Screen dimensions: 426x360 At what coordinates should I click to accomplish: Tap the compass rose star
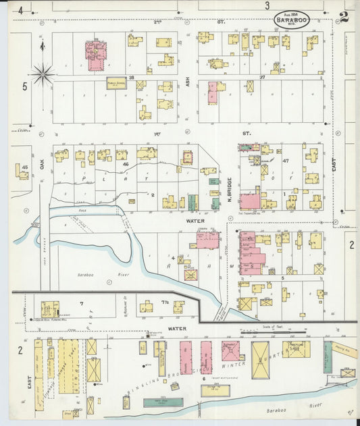tap(43, 74)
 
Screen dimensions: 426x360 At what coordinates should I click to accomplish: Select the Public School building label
tap(116, 83)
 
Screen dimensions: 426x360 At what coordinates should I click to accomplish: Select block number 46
tap(124, 164)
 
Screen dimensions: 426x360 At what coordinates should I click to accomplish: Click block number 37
tap(263, 78)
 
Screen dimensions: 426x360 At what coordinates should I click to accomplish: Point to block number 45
tap(24, 167)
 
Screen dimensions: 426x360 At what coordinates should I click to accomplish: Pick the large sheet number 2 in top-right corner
tap(344, 17)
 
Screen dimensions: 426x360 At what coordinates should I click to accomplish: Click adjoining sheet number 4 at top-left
tap(20, 10)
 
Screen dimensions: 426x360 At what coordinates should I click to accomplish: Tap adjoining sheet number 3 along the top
tap(267, 6)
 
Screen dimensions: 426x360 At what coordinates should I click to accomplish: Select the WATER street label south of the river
tap(177, 329)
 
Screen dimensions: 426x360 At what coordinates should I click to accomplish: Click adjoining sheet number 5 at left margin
tap(24, 86)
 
